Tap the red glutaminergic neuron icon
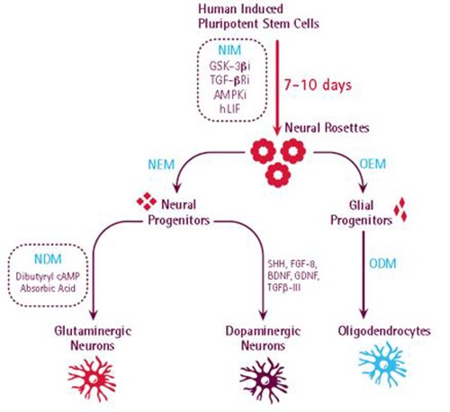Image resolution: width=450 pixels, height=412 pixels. tap(84, 379)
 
